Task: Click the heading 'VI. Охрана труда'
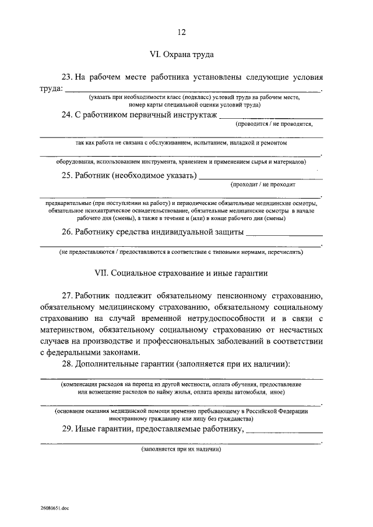(x=182, y=55)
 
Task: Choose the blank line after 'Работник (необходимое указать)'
(x=261, y=179)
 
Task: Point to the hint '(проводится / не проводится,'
(x=275, y=125)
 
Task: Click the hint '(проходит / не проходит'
(x=263, y=185)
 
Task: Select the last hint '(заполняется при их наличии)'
(x=181, y=450)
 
